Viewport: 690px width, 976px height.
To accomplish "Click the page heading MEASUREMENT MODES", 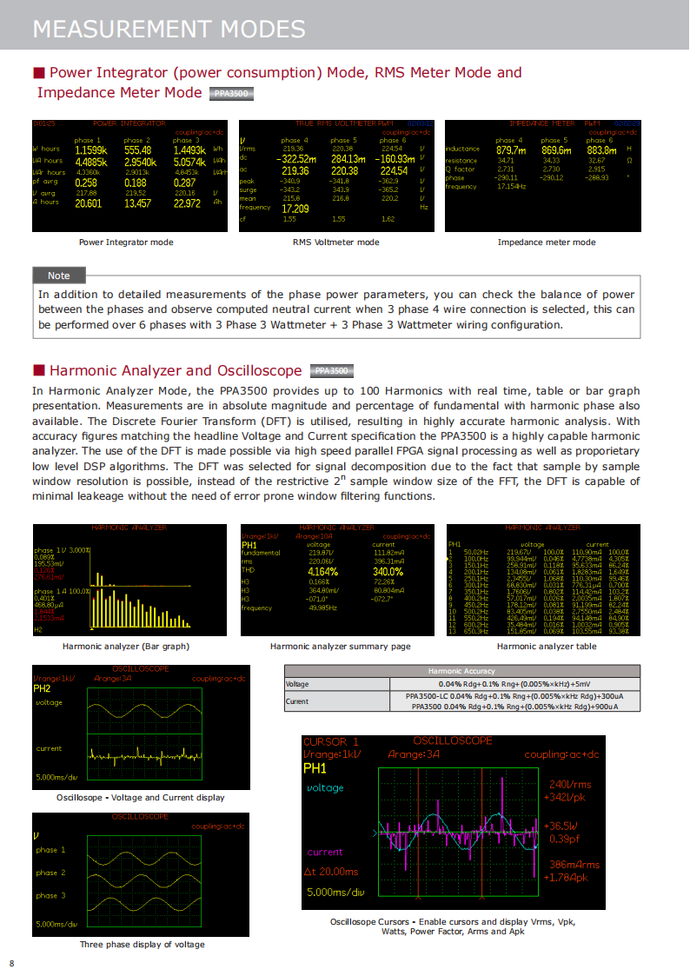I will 169,29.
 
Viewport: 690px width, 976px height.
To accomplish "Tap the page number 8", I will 12,963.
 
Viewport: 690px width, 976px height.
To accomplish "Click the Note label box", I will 59,276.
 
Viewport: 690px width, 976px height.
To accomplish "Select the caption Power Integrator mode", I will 126,242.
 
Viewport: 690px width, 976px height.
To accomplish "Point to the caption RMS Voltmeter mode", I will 336,242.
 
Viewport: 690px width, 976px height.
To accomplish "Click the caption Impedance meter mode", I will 547,242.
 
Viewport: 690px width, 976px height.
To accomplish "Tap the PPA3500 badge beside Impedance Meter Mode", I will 231,93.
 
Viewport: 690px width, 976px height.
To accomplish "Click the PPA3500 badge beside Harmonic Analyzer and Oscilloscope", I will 331,371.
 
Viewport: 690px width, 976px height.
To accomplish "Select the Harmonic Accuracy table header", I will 461,671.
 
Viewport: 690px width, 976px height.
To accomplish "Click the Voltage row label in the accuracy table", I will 297,684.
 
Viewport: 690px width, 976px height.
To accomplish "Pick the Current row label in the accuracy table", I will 297,701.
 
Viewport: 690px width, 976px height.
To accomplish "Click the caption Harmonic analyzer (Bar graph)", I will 126,647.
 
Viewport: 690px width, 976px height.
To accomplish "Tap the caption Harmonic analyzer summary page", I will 340,647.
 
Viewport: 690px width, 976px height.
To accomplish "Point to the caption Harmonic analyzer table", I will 547,647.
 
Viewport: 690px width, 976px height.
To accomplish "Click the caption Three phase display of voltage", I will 143,945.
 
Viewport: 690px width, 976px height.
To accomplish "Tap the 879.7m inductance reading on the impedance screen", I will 511,150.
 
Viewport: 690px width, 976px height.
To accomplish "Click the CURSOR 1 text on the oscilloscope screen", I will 330,742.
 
